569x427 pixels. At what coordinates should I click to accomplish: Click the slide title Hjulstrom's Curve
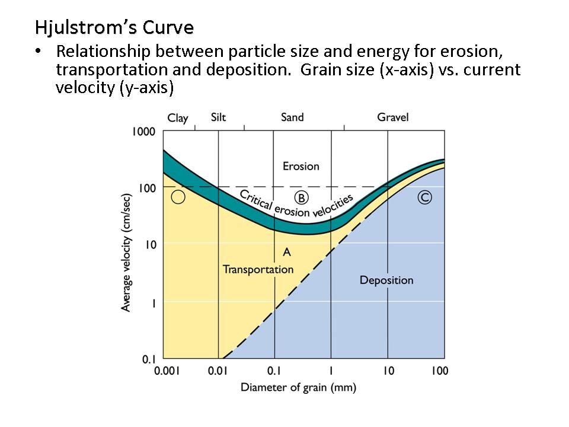click(114, 28)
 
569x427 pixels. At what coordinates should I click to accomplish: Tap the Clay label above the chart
click(178, 118)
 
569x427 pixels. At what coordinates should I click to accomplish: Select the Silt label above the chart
click(219, 117)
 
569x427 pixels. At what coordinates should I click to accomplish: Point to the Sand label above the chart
click(292, 117)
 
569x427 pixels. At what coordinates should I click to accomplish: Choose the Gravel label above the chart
click(393, 117)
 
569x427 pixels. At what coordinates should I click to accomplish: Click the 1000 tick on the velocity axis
click(144, 132)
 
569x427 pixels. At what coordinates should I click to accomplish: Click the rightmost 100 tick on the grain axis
click(439, 371)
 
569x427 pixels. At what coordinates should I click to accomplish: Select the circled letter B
click(301, 197)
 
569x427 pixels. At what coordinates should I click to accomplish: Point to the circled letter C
click(424, 197)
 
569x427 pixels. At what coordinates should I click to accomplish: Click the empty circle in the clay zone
click(178, 197)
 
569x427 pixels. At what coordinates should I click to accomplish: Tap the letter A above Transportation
click(287, 252)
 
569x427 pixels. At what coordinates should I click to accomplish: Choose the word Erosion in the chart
click(301, 167)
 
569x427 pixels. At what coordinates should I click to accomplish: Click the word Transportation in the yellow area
click(258, 269)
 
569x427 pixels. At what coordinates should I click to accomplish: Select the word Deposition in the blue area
click(386, 280)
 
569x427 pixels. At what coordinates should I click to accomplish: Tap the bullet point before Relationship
click(39, 52)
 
